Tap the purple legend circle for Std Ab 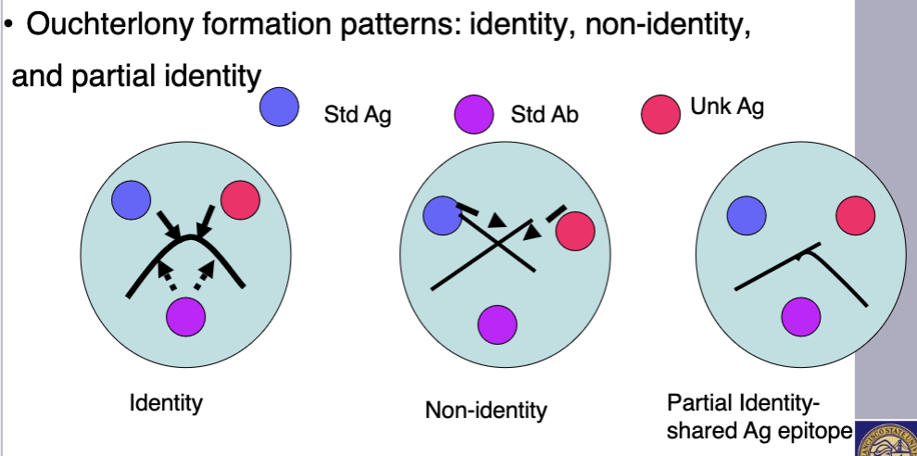(x=472, y=116)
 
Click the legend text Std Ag (x=357, y=116)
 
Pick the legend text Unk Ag (x=727, y=107)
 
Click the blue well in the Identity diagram (x=131, y=199)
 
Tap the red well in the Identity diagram (x=240, y=200)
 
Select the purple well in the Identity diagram (x=185, y=316)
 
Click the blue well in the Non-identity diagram (x=442, y=215)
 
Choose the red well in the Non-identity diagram (x=574, y=231)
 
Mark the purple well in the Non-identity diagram (x=496, y=323)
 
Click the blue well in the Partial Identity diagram (x=746, y=215)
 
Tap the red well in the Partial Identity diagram (x=855, y=215)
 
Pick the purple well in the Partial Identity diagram (x=800, y=316)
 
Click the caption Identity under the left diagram (x=166, y=403)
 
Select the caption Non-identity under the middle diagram (x=486, y=410)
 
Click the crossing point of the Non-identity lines (x=498, y=244)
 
